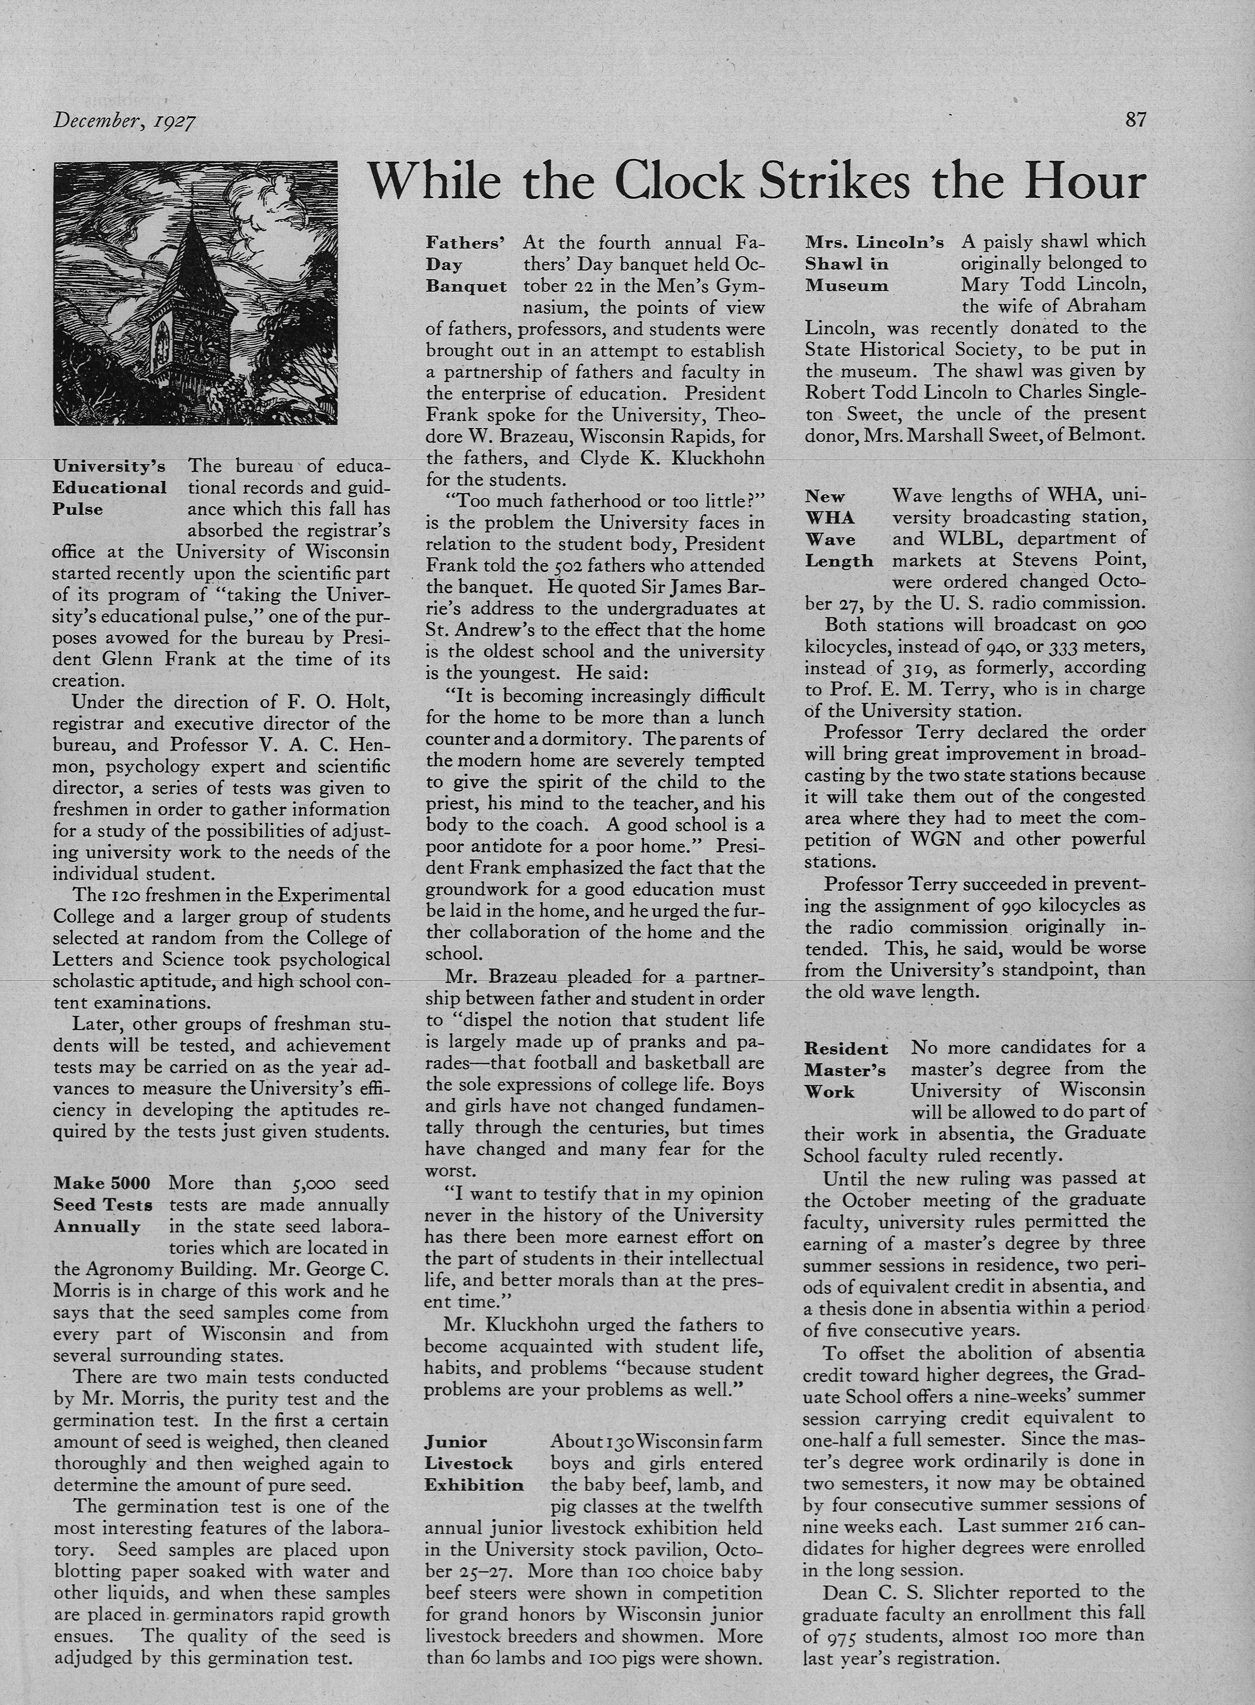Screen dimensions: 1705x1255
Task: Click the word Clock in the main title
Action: click(680, 182)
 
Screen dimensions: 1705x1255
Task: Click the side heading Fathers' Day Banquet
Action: click(466, 265)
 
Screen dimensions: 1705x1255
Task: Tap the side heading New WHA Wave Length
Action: click(838, 529)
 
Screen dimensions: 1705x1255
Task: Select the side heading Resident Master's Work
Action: click(845, 1070)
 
